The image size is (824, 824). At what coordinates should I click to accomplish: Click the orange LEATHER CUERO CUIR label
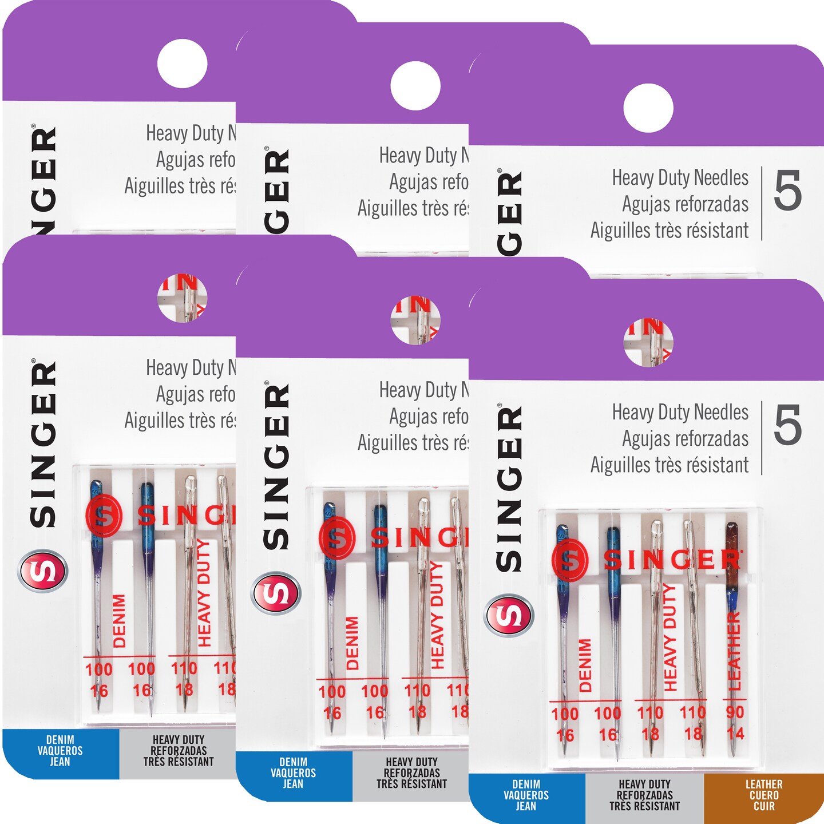click(x=763, y=795)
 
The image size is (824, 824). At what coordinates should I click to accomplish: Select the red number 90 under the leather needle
click(x=735, y=712)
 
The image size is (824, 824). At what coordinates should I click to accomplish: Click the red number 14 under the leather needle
click(x=735, y=733)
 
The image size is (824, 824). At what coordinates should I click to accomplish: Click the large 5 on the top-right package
click(x=787, y=192)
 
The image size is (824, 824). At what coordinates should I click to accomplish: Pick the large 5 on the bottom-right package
click(x=787, y=426)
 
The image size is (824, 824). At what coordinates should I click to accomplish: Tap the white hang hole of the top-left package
click(x=182, y=64)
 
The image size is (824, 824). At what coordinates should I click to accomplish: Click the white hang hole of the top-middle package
click(x=415, y=86)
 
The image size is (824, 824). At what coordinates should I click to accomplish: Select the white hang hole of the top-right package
click(x=648, y=108)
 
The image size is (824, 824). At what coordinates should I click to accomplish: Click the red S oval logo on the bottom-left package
click(x=43, y=571)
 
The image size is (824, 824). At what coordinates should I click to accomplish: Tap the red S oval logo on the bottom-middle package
click(x=276, y=593)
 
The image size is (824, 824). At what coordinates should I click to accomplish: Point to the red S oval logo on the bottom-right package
click(x=509, y=615)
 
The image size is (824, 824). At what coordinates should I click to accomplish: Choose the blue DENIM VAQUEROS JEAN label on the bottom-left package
click(x=60, y=750)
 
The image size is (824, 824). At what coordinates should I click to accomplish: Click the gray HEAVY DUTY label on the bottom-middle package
click(x=411, y=772)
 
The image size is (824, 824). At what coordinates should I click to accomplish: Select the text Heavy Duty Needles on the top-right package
click(x=680, y=178)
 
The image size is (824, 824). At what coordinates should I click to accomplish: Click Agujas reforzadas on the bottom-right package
click(x=685, y=439)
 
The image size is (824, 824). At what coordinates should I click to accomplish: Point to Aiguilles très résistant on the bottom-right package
click(x=669, y=465)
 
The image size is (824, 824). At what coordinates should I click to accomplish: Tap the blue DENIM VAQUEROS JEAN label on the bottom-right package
click(x=526, y=795)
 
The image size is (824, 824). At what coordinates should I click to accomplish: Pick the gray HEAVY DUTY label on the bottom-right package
click(x=644, y=795)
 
